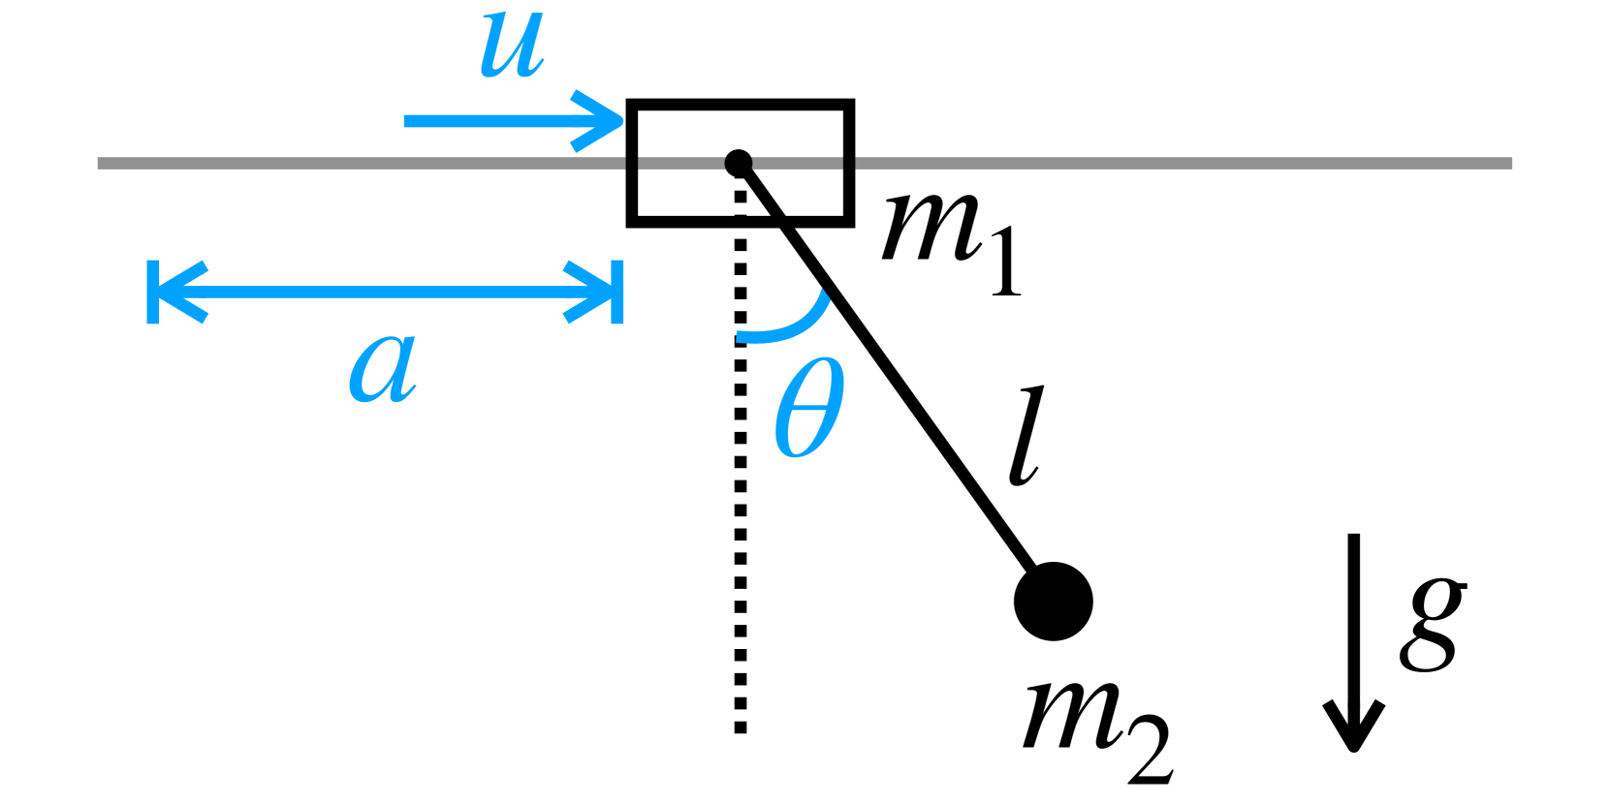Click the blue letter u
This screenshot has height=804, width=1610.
(511, 46)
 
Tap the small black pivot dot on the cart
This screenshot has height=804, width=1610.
(739, 163)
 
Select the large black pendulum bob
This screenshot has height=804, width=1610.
(1054, 602)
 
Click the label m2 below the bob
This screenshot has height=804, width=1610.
(1095, 727)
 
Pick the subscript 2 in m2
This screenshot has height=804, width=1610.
(1151, 751)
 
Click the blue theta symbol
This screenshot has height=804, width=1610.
(809, 407)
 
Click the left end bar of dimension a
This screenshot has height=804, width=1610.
(153, 292)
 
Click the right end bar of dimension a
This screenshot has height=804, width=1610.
(617, 292)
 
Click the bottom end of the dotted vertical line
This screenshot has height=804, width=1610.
(741, 728)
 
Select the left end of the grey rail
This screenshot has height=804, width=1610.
(101, 164)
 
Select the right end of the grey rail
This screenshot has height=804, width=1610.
(1508, 164)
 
